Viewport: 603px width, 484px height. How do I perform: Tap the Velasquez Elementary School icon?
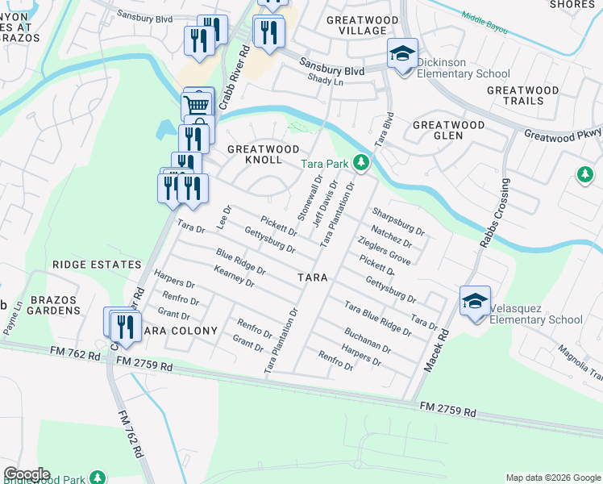pyautogui.click(x=475, y=302)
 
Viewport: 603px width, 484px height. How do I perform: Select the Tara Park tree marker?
pyautogui.click(x=361, y=164)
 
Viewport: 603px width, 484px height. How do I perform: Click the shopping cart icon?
pyautogui.click(x=197, y=105)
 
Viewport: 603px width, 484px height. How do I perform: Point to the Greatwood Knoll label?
pyautogui.click(x=264, y=154)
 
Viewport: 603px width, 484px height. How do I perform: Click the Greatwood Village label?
pyautogui.click(x=356, y=25)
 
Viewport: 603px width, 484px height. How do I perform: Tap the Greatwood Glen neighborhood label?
pyautogui.click(x=448, y=130)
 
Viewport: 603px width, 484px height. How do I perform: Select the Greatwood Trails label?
pyautogui.click(x=522, y=95)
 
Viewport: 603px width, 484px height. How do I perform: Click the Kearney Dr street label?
pyautogui.click(x=235, y=278)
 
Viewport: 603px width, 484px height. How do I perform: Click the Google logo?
pyautogui.click(x=27, y=474)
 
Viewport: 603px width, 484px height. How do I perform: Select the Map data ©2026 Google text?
pyautogui.click(x=552, y=478)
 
